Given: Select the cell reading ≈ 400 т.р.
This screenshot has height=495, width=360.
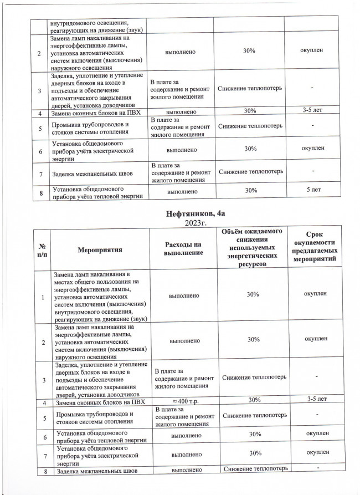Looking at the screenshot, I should point(182,399).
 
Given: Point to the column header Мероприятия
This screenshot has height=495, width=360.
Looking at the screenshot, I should point(100,251).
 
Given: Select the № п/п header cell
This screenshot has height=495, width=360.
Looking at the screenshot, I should point(42,251).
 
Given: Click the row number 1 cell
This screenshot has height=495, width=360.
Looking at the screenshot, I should point(42,298).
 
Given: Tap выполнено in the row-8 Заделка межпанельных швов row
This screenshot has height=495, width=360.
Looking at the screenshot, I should point(182,471).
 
